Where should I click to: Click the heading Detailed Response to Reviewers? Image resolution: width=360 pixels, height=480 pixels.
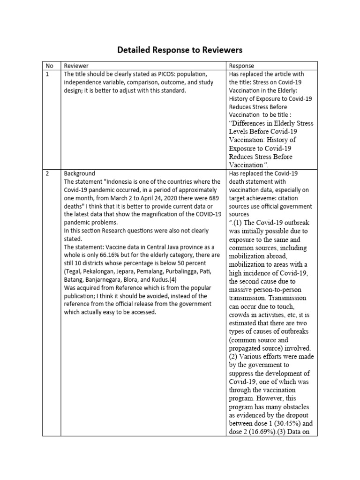point(180,50)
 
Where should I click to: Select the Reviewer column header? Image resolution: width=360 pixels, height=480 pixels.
point(76,66)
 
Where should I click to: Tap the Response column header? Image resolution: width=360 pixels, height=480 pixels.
point(241,66)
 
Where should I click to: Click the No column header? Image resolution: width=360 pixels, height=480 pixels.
point(49,66)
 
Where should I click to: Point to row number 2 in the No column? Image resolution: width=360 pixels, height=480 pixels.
point(47,173)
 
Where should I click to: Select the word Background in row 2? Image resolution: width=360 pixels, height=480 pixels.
point(79,173)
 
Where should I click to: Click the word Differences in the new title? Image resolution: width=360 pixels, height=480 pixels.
point(252,123)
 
